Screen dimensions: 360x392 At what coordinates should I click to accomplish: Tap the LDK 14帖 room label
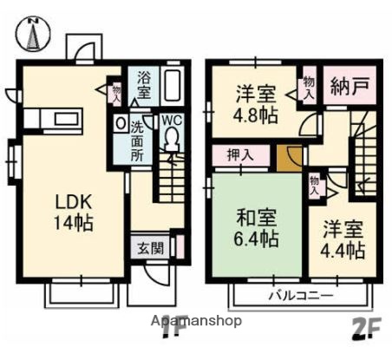coord(74,211)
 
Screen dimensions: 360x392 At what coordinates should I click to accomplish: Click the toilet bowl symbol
coord(171,140)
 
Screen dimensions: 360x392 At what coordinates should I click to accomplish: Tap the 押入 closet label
coord(241,155)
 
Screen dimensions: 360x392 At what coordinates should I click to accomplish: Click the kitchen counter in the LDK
coord(52,119)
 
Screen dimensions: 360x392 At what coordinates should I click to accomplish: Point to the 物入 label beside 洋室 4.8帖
coord(309,88)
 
